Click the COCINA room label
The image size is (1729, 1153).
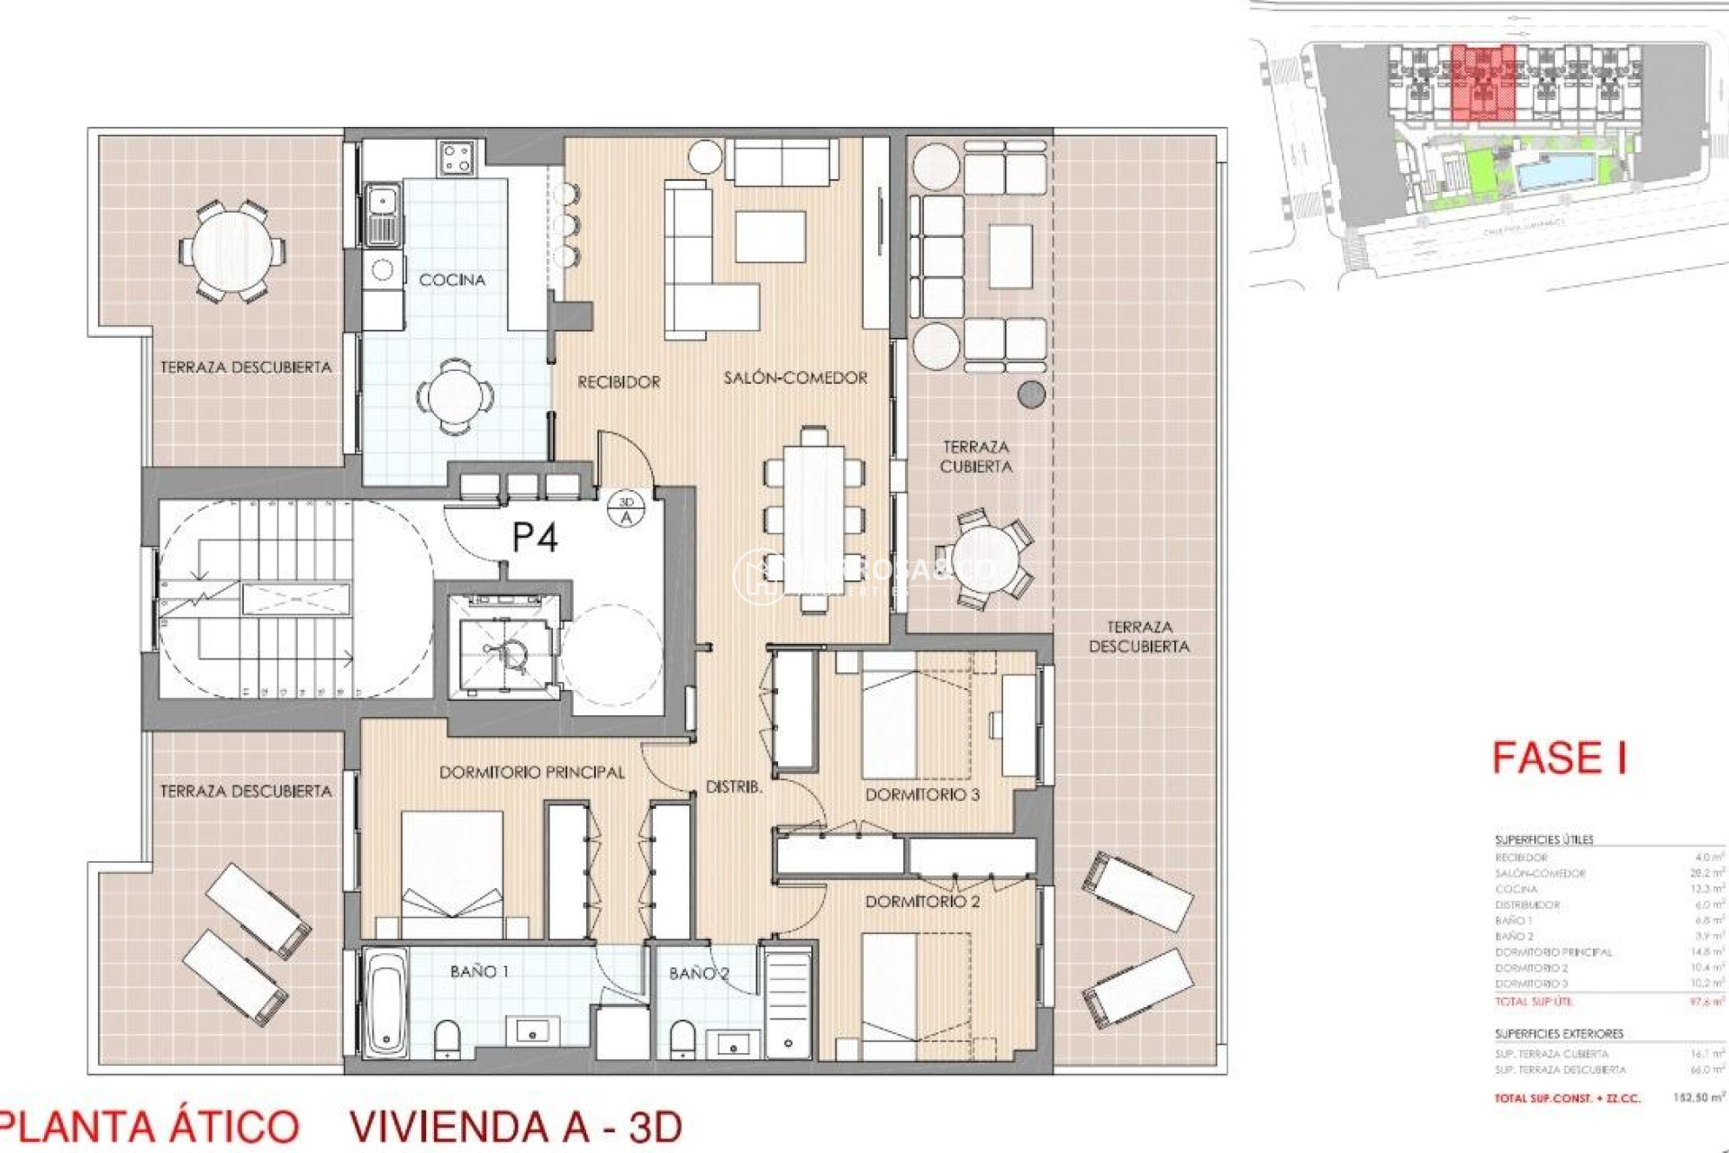(x=452, y=280)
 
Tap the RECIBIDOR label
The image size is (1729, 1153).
(x=619, y=382)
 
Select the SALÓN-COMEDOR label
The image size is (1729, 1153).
(x=795, y=378)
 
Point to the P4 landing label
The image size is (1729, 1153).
(x=534, y=538)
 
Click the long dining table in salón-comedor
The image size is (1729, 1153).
(x=814, y=520)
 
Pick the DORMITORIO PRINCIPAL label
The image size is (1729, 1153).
(x=531, y=773)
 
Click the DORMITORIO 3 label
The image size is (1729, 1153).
(x=922, y=794)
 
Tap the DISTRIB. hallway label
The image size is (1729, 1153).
(x=734, y=787)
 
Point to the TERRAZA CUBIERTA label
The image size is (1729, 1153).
(x=976, y=457)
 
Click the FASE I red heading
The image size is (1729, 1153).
(x=1559, y=758)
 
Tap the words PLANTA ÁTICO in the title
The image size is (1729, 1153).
(x=149, y=1127)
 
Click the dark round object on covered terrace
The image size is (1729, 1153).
(x=1030, y=393)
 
